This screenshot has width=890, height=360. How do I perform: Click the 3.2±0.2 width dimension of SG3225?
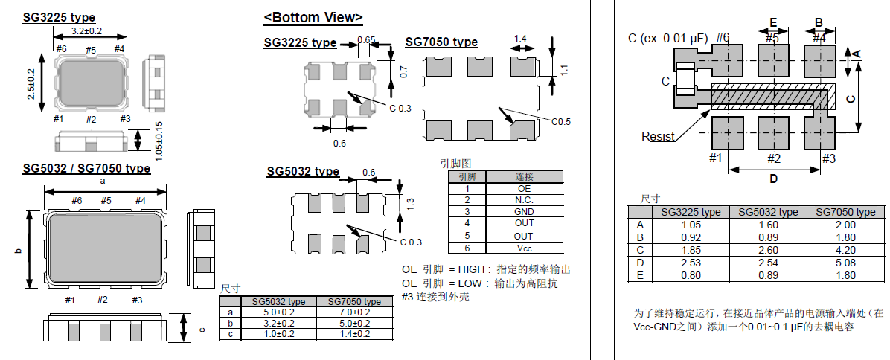coord(86,30)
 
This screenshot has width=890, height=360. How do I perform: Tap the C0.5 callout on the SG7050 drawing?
coord(561,122)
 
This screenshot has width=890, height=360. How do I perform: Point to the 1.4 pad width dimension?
coord(520,39)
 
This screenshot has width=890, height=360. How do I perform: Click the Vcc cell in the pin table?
coord(525,248)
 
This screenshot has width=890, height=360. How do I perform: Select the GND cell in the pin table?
coord(525,212)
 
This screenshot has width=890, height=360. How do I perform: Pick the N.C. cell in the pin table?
coord(525,200)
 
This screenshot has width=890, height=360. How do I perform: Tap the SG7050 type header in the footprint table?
coord(845,212)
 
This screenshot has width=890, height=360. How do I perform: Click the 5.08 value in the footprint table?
coord(845,262)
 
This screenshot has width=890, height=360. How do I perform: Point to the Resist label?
coord(658,136)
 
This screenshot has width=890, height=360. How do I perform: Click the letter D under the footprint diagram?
coord(772,179)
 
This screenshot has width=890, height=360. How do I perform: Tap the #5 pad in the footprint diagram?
coord(772,60)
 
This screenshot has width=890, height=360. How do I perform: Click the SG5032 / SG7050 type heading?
coord(86,169)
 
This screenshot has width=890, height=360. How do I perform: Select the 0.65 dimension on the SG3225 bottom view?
coord(365,40)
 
